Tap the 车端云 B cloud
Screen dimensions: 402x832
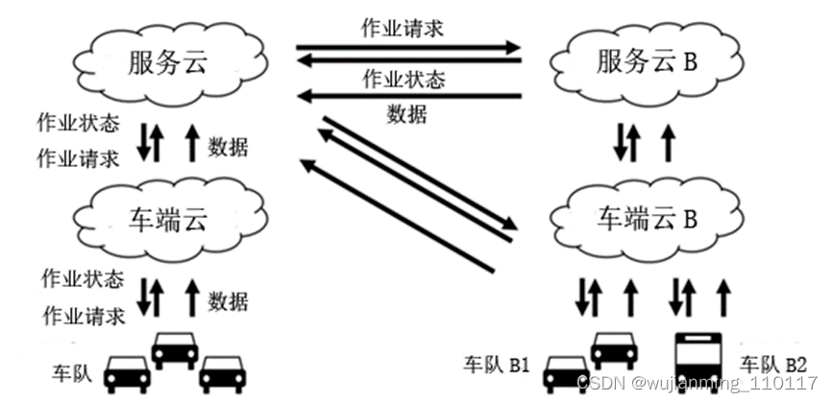[x=646, y=220]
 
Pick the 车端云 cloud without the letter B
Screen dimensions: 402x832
[x=168, y=220]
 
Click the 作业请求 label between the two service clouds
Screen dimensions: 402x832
[x=404, y=27]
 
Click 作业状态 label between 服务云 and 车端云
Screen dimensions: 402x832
[x=78, y=124]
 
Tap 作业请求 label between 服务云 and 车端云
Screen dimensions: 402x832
[x=78, y=157]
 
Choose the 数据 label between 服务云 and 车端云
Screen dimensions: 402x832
[x=228, y=147]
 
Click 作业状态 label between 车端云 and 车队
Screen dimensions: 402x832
[x=83, y=280]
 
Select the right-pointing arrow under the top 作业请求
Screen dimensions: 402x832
[x=407, y=46]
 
